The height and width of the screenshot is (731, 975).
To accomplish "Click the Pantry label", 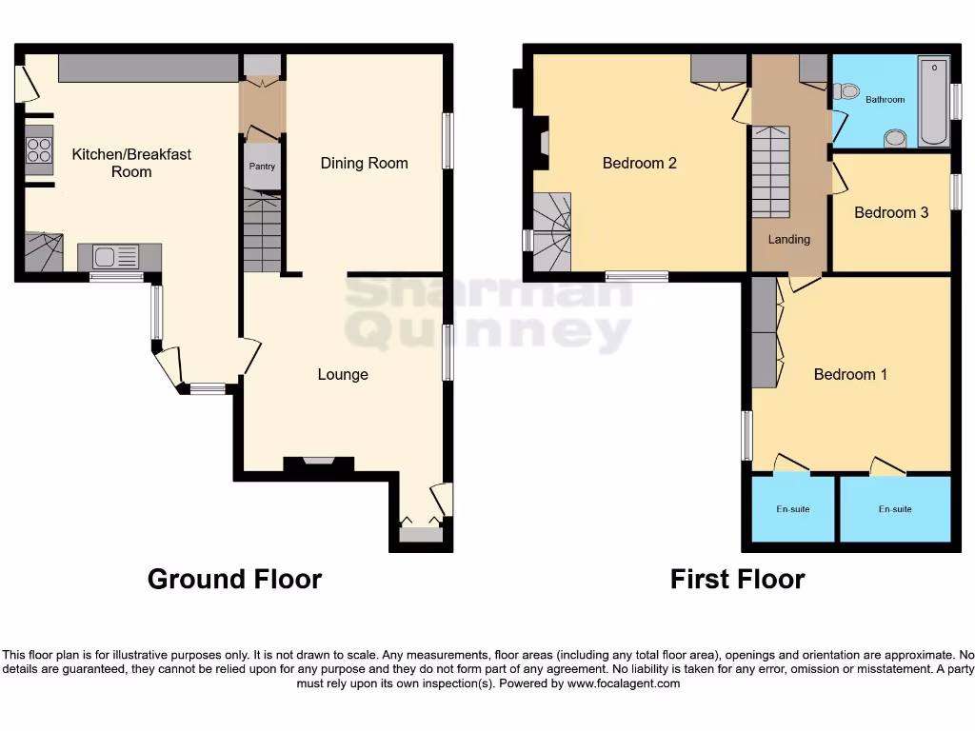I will click(262, 167).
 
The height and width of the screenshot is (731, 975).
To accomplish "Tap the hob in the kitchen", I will click(39, 150).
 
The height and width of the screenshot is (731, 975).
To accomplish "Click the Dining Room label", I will click(364, 163).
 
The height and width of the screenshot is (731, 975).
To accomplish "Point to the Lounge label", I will click(343, 374).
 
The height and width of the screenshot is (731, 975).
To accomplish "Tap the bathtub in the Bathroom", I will click(934, 101).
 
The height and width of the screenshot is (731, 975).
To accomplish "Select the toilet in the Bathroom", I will click(844, 92).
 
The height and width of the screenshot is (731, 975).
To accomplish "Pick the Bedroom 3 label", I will click(890, 212).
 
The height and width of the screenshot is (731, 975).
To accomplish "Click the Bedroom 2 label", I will click(639, 163).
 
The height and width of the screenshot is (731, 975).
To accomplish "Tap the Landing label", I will click(789, 239).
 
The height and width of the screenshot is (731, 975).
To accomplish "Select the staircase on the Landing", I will click(771, 172).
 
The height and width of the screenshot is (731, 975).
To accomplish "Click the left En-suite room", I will click(793, 509).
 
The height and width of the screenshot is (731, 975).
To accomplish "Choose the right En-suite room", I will click(894, 509).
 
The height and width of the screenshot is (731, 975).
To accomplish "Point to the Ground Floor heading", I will click(234, 579).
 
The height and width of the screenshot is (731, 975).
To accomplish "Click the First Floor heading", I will click(737, 579).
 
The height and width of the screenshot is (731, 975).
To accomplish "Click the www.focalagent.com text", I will click(624, 683).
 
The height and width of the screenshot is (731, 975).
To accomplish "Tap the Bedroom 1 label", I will click(850, 374).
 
